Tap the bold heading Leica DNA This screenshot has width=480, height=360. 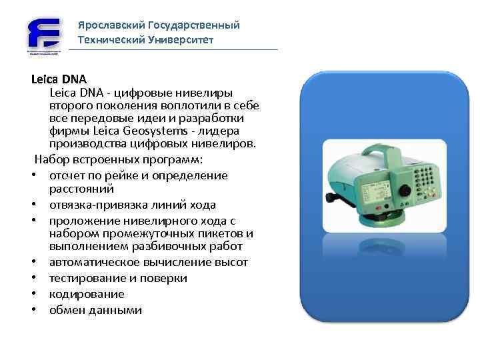coord(54,79)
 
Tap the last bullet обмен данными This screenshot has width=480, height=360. coord(95,310)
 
